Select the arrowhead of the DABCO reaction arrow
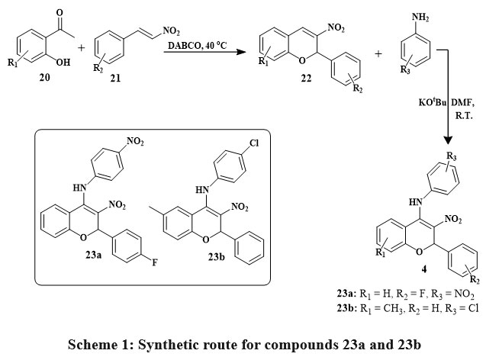click(x=237, y=53)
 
